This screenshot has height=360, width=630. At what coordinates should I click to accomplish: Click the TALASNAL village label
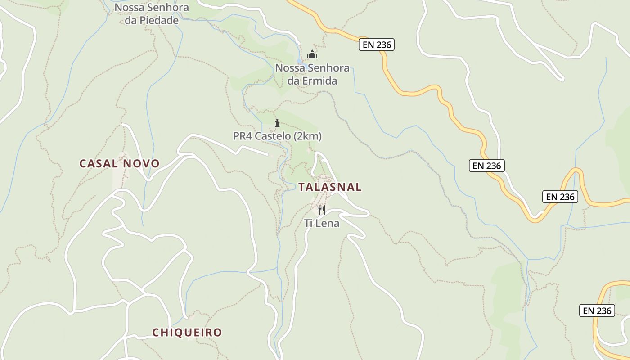(x=330, y=187)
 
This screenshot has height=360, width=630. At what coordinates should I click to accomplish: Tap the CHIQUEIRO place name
(x=187, y=333)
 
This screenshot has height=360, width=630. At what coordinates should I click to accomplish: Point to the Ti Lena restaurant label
(x=322, y=223)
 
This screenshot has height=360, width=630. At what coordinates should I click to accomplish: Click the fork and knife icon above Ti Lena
(x=322, y=210)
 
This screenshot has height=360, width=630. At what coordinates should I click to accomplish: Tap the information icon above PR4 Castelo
(x=277, y=123)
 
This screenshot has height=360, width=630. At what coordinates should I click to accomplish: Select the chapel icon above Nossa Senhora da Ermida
(x=312, y=55)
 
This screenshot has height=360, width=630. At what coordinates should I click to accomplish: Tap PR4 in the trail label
(x=243, y=136)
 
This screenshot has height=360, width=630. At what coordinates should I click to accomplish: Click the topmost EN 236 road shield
(x=377, y=45)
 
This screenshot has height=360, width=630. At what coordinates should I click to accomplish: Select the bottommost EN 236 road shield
(x=597, y=310)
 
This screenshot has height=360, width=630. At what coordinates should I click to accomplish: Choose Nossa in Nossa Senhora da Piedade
(x=127, y=8)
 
